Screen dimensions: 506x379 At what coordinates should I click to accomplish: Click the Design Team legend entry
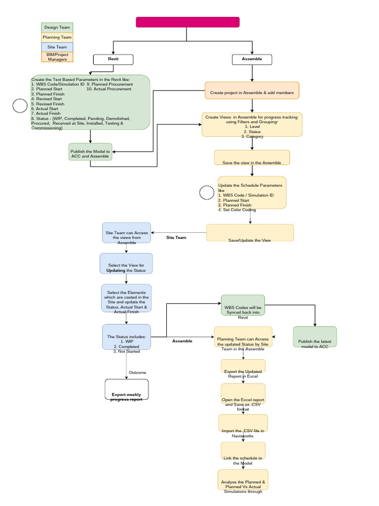click(x=57, y=28)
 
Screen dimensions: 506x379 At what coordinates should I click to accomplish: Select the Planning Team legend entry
click(x=57, y=37)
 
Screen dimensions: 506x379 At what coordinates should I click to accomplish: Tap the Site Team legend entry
click(x=57, y=47)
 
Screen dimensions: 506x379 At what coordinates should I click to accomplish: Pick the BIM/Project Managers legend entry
click(x=57, y=57)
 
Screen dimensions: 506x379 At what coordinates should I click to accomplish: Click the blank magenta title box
click(x=188, y=22)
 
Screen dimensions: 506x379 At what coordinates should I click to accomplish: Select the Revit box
click(x=114, y=59)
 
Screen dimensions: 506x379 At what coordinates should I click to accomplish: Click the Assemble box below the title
click(x=252, y=59)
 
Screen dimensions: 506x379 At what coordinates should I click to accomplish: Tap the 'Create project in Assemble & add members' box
click(x=252, y=91)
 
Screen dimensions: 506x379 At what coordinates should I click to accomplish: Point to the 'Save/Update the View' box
click(x=250, y=233)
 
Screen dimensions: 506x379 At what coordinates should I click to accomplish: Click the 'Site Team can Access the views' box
click(x=126, y=233)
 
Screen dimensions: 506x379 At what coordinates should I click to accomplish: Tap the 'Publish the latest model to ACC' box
click(x=315, y=337)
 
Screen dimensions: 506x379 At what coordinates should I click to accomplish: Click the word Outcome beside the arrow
click(x=137, y=373)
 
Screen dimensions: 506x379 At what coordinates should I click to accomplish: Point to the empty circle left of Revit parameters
click(x=20, y=106)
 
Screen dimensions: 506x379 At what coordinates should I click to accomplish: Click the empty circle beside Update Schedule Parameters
click(x=207, y=193)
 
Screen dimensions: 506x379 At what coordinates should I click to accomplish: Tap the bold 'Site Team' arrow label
click(x=176, y=238)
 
